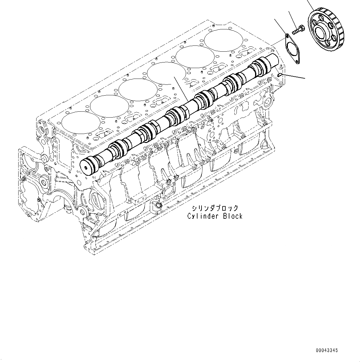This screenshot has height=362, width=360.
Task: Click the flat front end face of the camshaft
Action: coord(86,167)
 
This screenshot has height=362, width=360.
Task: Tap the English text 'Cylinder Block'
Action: coord(215,216)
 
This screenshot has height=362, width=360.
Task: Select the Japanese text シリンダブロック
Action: coord(215,208)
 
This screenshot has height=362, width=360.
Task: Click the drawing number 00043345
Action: coord(327,350)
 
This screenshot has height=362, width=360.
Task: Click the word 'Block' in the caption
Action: coord(233,216)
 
